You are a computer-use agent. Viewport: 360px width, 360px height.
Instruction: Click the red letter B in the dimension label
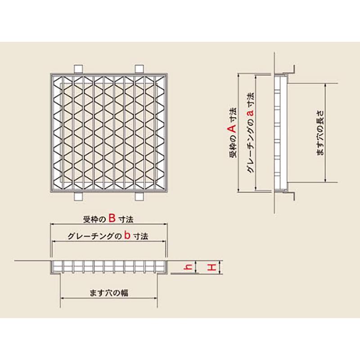click(112, 218)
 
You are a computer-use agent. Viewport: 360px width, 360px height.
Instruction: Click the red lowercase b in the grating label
click(127, 235)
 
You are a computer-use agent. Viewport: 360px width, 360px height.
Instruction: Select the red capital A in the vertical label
click(233, 128)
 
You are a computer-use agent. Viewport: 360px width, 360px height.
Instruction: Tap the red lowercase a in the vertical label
click(251, 112)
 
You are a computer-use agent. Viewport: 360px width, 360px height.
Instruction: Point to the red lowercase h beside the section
click(189, 267)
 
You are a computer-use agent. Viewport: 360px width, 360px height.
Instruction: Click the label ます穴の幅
click(109, 293)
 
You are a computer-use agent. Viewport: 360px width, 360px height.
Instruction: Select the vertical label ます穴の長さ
click(320, 133)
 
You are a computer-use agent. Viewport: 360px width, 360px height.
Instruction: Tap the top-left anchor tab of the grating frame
click(79, 69)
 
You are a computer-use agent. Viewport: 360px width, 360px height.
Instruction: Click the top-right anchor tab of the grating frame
click(139, 69)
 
